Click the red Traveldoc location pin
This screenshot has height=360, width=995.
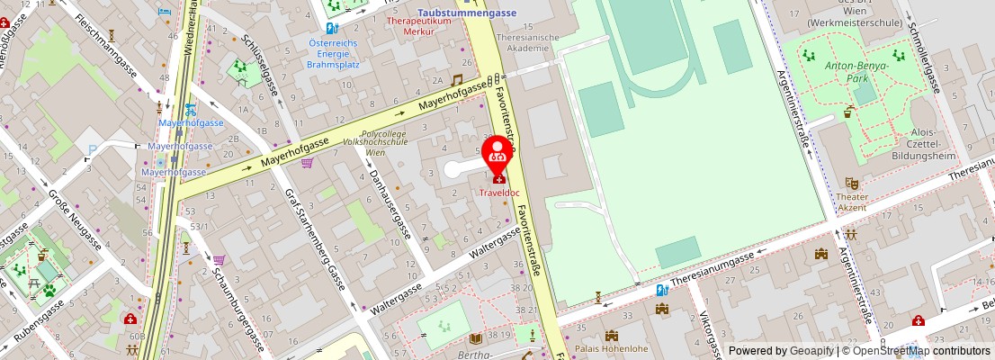(496, 154)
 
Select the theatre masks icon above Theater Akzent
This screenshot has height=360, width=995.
(851, 181)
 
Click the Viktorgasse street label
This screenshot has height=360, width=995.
(711, 334)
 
